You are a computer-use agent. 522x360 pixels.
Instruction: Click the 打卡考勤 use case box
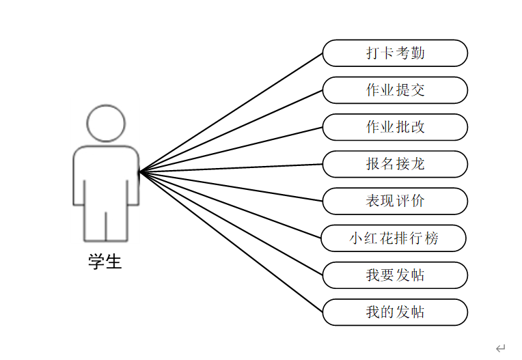point(395,53)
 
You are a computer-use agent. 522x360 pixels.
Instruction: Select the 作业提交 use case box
point(395,90)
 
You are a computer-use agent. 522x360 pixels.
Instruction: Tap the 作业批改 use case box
point(395,127)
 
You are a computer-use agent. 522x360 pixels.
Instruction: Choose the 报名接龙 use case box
point(395,164)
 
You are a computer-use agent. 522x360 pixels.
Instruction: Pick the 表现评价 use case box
point(395,201)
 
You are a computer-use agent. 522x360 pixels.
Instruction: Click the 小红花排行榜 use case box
point(394,238)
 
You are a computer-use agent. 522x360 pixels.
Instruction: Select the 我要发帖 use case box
point(395,275)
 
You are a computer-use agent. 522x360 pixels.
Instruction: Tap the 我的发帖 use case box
point(395,312)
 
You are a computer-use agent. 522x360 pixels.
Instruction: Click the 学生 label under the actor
point(105,262)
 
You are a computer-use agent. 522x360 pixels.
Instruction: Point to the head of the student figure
point(106,123)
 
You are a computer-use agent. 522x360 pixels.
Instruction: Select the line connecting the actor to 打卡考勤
point(231,112)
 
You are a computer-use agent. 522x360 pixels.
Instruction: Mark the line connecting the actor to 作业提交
point(231,130)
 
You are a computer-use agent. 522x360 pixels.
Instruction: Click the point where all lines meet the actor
point(139,172)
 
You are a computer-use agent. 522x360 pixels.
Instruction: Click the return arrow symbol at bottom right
point(500,348)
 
